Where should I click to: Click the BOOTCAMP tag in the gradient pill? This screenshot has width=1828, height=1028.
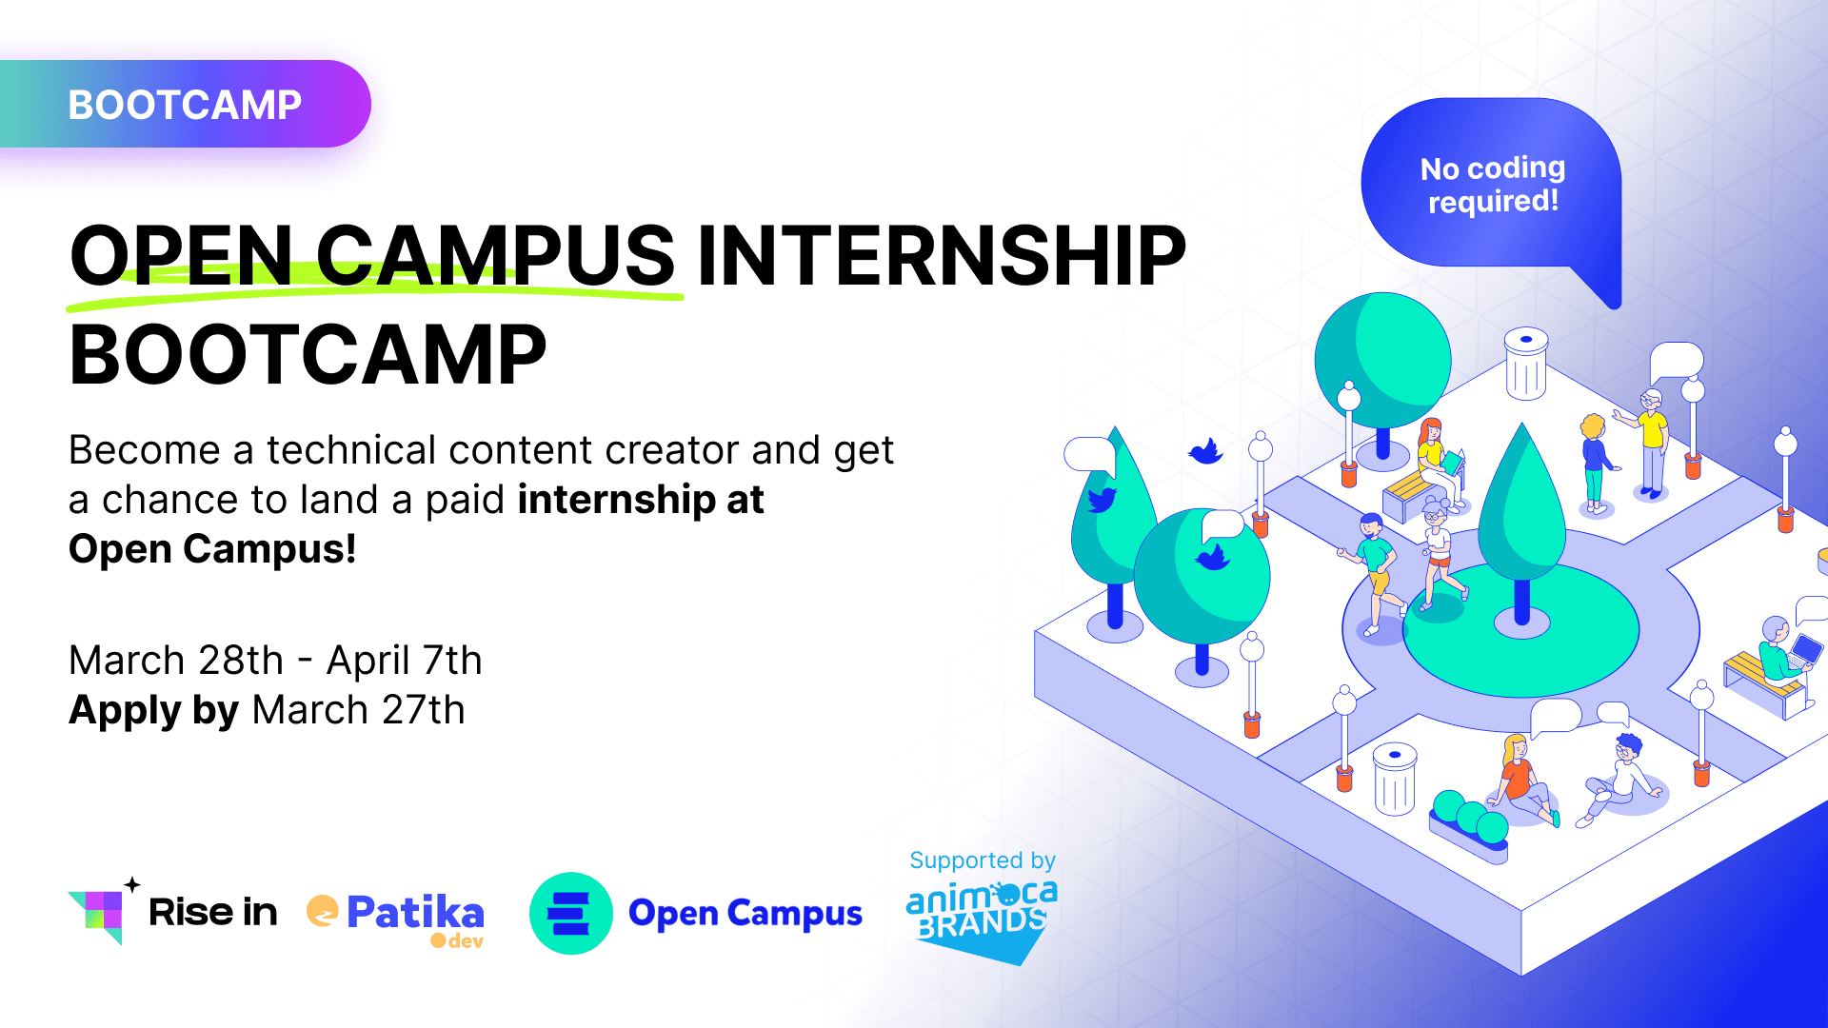tap(185, 105)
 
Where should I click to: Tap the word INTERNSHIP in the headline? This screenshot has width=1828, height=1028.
tap(941, 255)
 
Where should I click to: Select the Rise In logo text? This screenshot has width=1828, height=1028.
tap(212, 912)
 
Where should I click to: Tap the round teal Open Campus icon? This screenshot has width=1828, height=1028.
tap(570, 913)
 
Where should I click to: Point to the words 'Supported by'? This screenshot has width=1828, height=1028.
tap(982, 860)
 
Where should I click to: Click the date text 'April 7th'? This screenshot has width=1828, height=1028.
tap(404, 661)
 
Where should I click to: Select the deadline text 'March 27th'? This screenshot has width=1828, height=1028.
tap(358, 710)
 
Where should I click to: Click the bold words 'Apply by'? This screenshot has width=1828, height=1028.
tap(153, 710)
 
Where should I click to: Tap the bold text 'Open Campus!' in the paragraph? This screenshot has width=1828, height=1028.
tap(212, 549)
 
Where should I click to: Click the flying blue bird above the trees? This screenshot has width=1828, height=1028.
tap(1205, 450)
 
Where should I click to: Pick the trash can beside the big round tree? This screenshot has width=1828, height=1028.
tap(1525, 364)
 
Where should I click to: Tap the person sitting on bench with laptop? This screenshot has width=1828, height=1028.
tap(1777, 657)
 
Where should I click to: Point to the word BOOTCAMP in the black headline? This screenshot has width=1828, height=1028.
tap(308, 355)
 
